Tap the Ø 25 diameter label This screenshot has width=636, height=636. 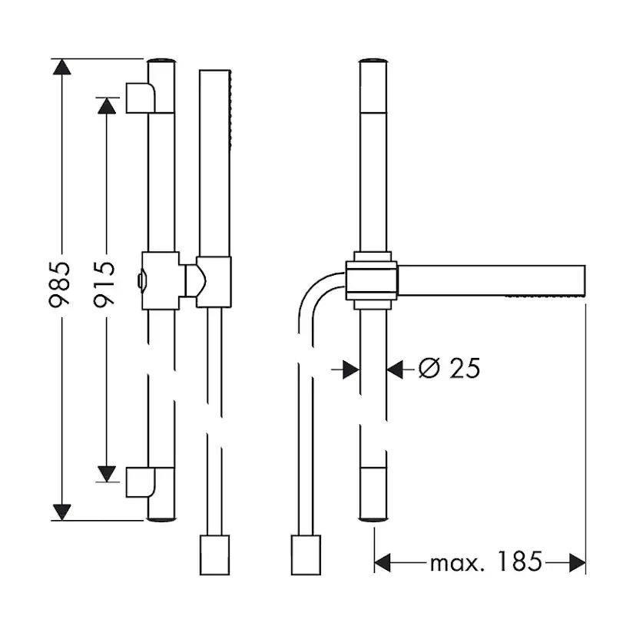(449, 369)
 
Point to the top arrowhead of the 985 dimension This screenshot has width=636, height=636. (61, 67)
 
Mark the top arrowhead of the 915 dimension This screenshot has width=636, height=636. (107, 105)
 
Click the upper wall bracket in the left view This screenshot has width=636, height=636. (141, 98)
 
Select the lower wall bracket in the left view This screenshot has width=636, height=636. (141, 482)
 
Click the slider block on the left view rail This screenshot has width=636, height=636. (161, 280)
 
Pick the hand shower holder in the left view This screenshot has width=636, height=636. (212, 281)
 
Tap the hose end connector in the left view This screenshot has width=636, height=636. (214, 555)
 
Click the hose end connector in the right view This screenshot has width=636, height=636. (305, 555)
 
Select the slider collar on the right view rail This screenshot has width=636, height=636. (372, 280)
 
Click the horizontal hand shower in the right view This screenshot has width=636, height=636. (492, 280)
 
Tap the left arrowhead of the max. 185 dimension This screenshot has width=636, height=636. (383, 563)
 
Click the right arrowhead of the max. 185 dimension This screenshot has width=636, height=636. (577, 563)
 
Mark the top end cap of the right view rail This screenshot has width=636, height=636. (373, 60)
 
